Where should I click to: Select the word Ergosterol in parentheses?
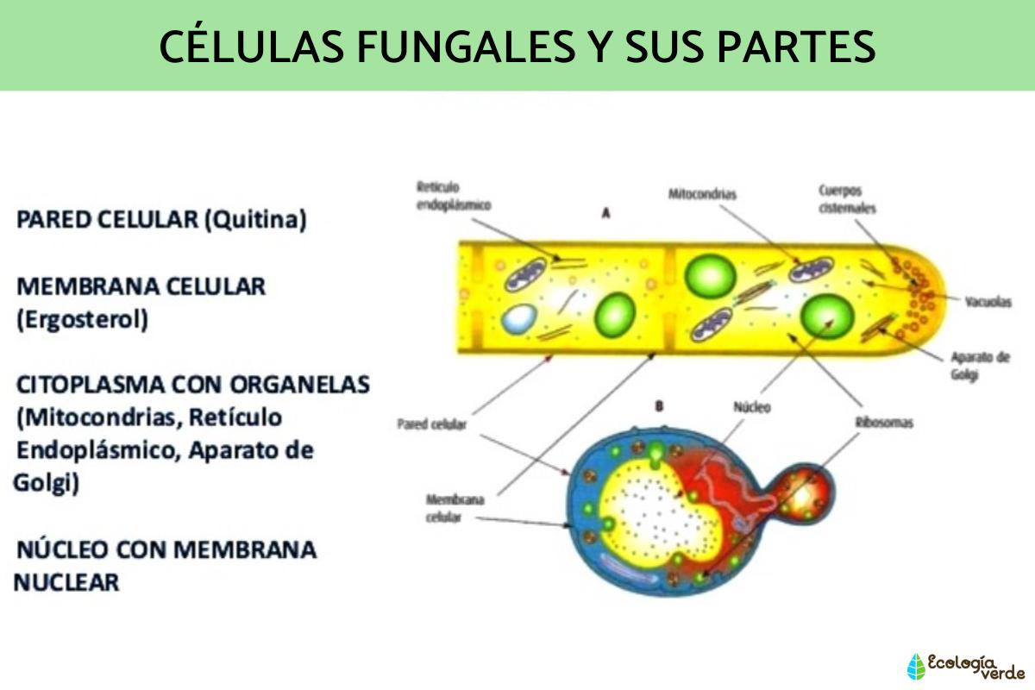click(x=82, y=319)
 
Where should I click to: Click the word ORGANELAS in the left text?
click(x=299, y=385)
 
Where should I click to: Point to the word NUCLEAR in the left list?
click(x=66, y=582)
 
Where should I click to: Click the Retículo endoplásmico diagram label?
click(x=454, y=196)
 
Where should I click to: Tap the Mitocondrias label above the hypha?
click(x=702, y=194)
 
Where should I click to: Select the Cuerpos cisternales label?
click(x=847, y=199)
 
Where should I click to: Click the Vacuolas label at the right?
click(x=988, y=302)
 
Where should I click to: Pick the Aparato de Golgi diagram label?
click(x=980, y=366)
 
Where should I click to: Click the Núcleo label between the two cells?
click(x=752, y=407)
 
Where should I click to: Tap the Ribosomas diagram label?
click(x=884, y=423)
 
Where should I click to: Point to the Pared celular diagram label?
click(x=432, y=424)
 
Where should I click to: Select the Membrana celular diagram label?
click(x=455, y=508)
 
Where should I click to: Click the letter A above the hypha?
click(x=606, y=213)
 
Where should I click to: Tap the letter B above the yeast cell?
click(x=659, y=406)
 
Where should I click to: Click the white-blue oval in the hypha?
click(x=519, y=319)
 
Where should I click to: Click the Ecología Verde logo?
click(x=965, y=667)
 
